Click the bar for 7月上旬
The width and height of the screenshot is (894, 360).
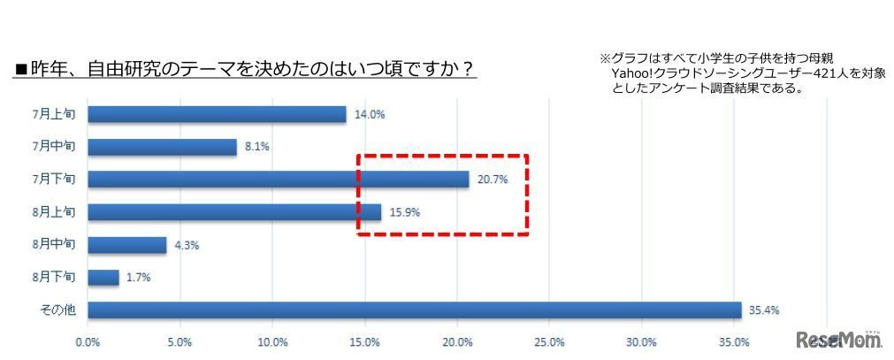coord(217,114)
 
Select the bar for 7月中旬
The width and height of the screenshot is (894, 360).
coord(163,147)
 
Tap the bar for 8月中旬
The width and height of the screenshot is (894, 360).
coord(127,245)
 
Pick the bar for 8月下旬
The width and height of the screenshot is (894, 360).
coord(103,278)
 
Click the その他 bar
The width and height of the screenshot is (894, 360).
coord(415,310)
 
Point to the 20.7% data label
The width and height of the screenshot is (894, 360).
coord(491,180)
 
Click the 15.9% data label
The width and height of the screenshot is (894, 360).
coord(401,212)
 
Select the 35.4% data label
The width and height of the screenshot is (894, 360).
coord(762,310)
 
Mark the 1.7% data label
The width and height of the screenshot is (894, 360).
coord(137,278)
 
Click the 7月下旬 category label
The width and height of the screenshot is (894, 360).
coord(58,180)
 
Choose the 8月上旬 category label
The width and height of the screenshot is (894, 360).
coord(58,212)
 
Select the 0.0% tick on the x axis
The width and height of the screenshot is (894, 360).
coord(88,342)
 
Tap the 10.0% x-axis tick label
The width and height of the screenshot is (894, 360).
coord(272,342)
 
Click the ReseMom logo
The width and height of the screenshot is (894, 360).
coord(838,339)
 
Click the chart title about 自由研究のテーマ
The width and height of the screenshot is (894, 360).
coord(245,69)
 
